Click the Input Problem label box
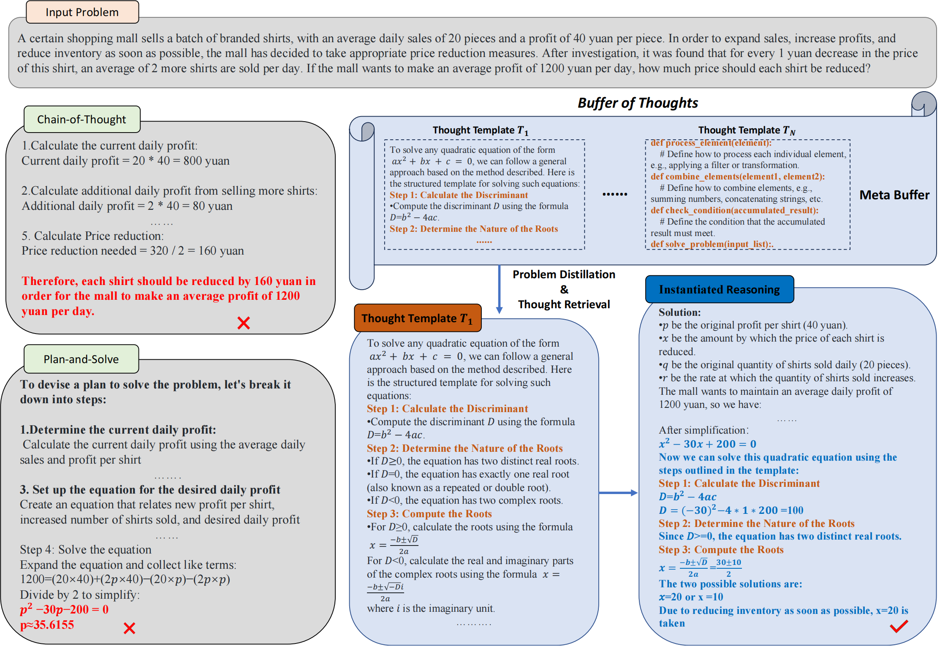pyautogui.click(x=82, y=12)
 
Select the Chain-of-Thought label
pyautogui.click(x=82, y=119)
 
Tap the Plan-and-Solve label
pyautogui.click(x=81, y=359)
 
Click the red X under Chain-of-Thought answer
pyautogui.click(x=244, y=323)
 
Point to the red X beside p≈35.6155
pyautogui.click(x=129, y=628)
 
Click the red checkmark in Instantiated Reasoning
pyautogui.click(x=899, y=626)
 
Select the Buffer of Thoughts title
pyautogui.click(x=638, y=103)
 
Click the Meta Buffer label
pyautogui.click(x=894, y=195)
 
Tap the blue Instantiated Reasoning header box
pyautogui.click(x=719, y=290)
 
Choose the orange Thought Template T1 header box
pyautogui.click(x=418, y=318)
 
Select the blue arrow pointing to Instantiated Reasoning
pyautogui.click(x=618, y=493)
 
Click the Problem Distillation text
pyautogui.click(x=564, y=275)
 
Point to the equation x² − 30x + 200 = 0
pyautogui.click(x=707, y=444)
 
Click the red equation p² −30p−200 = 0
pyautogui.click(x=64, y=610)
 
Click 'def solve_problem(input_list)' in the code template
pyautogui.click(x=712, y=244)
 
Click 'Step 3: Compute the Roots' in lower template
pyautogui.click(x=429, y=514)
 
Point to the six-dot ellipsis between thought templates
pyautogui.click(x=615, y=194)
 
